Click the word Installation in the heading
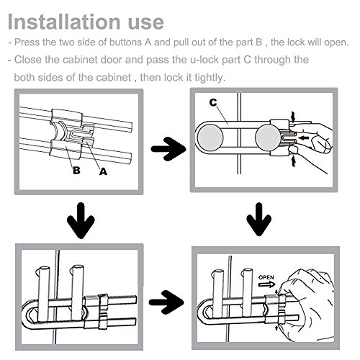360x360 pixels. pos(64,22)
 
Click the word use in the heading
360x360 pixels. pos(146,24)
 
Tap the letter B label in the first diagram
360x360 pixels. pos(76,170)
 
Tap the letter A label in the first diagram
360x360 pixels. pos(103,171)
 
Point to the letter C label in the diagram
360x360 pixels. pos(213,102)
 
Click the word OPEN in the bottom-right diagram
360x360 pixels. pos(266,277)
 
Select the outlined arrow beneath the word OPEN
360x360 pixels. pos(267,284)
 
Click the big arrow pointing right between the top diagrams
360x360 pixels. pos(168,149)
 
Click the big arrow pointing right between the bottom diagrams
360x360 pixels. pos(166,302)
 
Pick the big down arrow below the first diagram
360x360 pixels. pos(81,220)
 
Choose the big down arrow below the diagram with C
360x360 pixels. pos(258,219)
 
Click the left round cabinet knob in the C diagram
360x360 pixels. pos(210,138)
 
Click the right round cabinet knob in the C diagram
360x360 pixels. pos(268,138)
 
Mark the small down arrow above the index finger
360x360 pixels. pos(293,117)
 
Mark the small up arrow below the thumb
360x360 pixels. pos(293,161)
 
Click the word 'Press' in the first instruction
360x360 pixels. pos(27,42)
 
